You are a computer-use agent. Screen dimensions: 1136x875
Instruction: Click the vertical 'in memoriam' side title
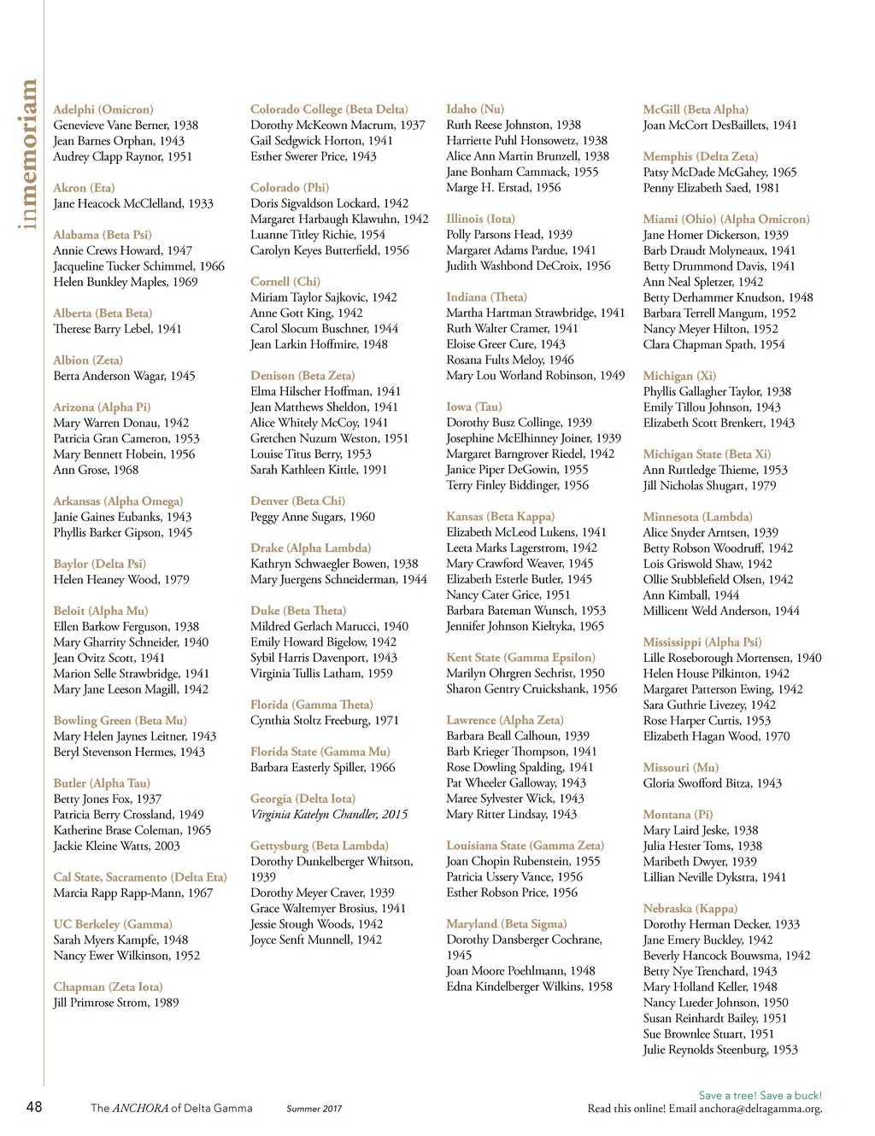pos(29,155)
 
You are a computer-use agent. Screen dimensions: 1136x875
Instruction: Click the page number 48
pos(34,1107)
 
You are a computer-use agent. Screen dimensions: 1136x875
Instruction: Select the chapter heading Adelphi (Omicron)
pos(103,109)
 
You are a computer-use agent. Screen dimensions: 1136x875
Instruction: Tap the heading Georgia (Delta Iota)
pos(302,799)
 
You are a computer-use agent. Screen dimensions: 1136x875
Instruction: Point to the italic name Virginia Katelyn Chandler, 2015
pos(329,814)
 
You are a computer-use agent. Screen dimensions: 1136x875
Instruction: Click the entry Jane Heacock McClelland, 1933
pos(133,203)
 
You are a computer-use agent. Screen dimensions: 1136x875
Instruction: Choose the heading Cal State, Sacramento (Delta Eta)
pos(140,877)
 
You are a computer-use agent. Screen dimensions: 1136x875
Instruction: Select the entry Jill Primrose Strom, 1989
pos(116,1002)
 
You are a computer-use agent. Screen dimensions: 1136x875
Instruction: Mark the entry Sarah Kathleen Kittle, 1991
pos(319,470)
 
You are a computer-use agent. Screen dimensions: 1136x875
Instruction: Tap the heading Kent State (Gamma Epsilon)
pos(520,658)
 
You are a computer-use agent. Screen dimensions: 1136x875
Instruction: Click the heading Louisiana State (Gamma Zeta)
pos(525,846)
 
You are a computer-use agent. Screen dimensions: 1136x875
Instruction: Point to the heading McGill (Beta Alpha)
pos(696,109)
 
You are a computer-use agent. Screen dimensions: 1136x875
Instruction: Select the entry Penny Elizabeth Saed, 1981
pos(711,187)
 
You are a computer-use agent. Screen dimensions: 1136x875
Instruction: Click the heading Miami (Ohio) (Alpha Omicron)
pos(726,219)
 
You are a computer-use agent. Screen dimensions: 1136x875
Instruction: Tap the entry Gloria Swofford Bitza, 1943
pos(713,783)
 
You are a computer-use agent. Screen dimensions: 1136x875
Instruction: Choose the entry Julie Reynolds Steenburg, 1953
pos(720,1049)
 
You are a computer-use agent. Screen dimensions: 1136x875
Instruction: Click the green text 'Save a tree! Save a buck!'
pos(760,1095)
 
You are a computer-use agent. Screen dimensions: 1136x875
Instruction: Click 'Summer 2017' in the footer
pos(314,1109)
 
